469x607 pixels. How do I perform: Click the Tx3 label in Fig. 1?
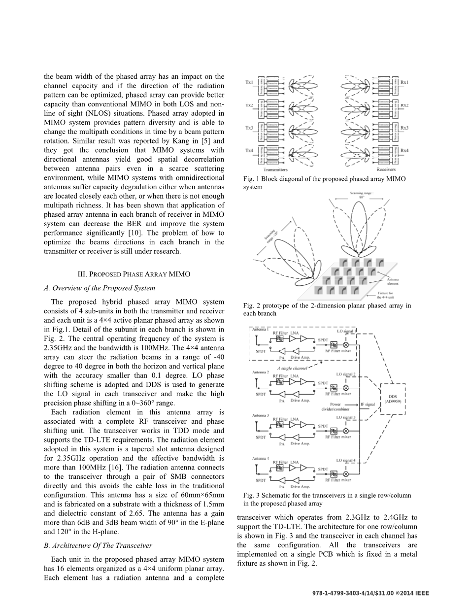pos(249,128)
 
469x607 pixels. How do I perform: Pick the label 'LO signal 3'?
pos(346,417)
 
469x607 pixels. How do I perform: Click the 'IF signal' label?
pos(368,405)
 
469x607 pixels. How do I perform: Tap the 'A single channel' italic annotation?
pos(292,368)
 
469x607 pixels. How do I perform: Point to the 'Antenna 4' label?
pos(261,458)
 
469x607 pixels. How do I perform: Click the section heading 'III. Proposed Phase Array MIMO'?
pos(134,274)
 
